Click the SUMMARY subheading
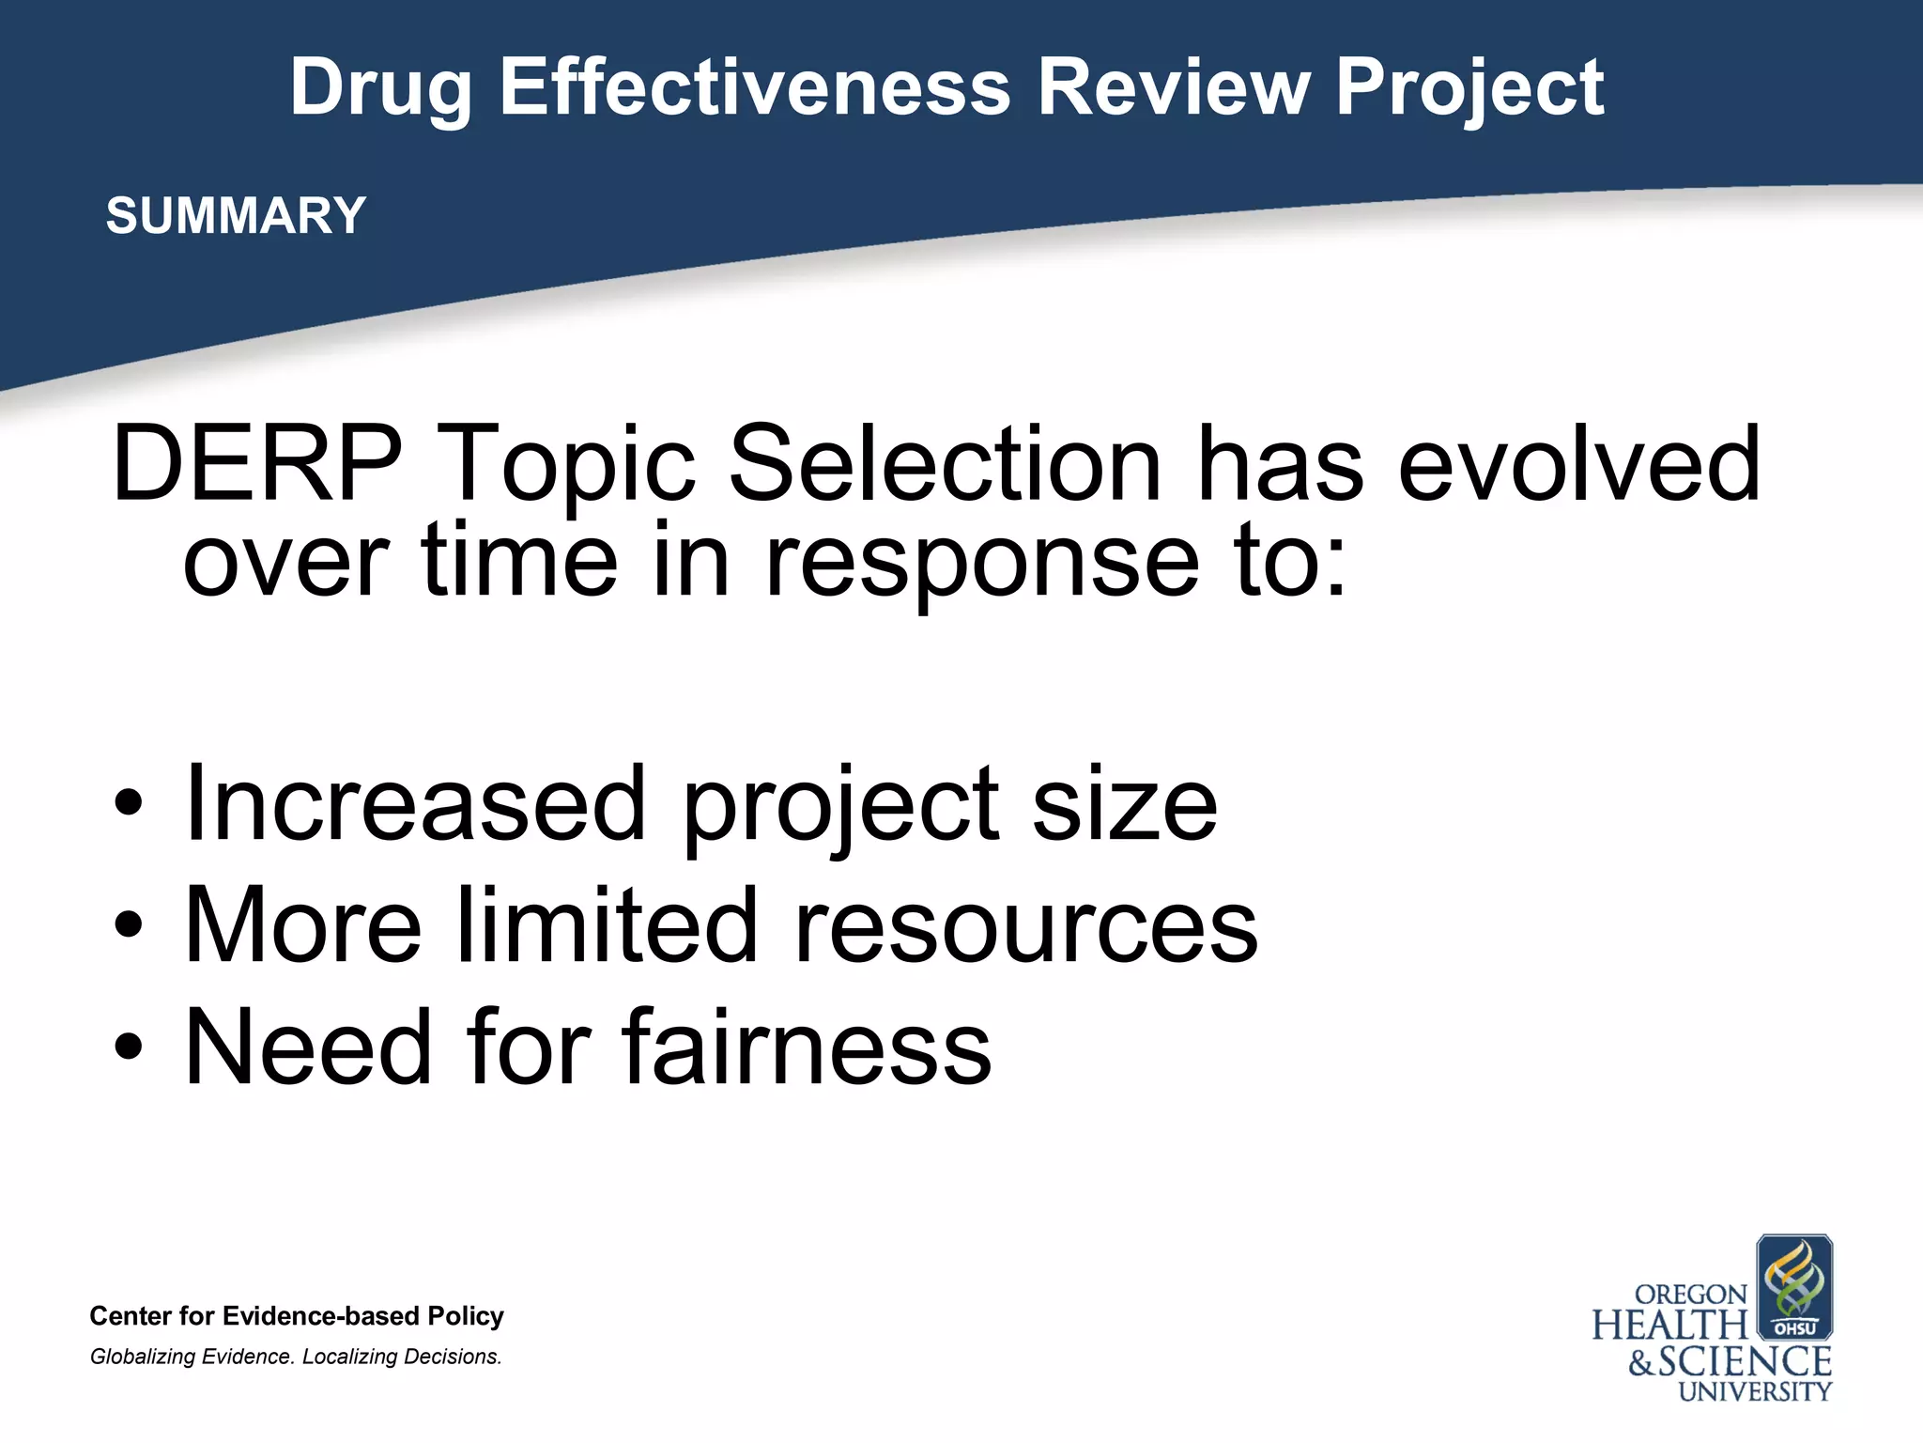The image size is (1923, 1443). click(x=236, y=215)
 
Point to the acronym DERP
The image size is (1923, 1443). click(x=256, y=464)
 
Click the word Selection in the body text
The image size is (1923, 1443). click(x=945, y=464)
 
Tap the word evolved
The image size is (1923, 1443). click(x=1578, y=464)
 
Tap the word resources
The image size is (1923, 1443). click(x=1025, y=925)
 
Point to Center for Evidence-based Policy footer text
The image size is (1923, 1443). click(x=297, y=1315)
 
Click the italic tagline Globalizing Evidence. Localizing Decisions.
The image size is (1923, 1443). click(x=296, y=1357)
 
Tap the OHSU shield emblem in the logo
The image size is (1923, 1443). click(x=1793, y=1287)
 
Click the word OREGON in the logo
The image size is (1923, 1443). click(x=1690, y=1295)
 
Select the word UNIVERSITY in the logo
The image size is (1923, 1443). click(x=1754, y=1391)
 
